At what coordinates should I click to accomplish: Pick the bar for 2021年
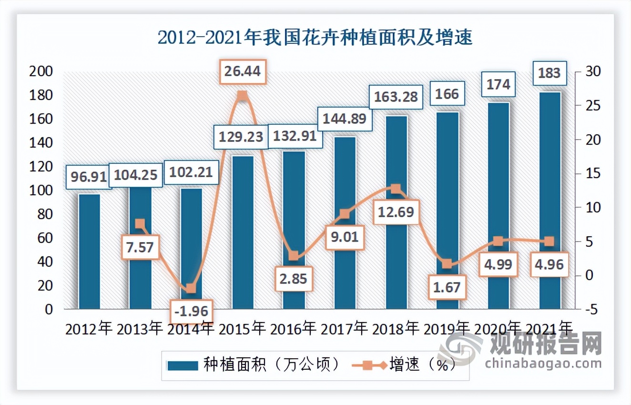[x=550, y=200]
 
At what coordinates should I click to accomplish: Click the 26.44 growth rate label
[x=242, y=71]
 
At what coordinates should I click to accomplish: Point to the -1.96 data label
[x=191, y=311]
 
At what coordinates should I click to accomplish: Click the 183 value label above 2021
[x=549, y=74]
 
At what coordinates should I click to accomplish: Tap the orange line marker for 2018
[x=396, y=189]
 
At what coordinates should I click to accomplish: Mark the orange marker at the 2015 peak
[x=242, y=96]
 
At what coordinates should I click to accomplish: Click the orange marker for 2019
[x=447, y=264]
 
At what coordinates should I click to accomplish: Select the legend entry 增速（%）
[x=405, y=364]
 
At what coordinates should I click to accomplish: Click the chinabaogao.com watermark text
[x=543, y=364]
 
